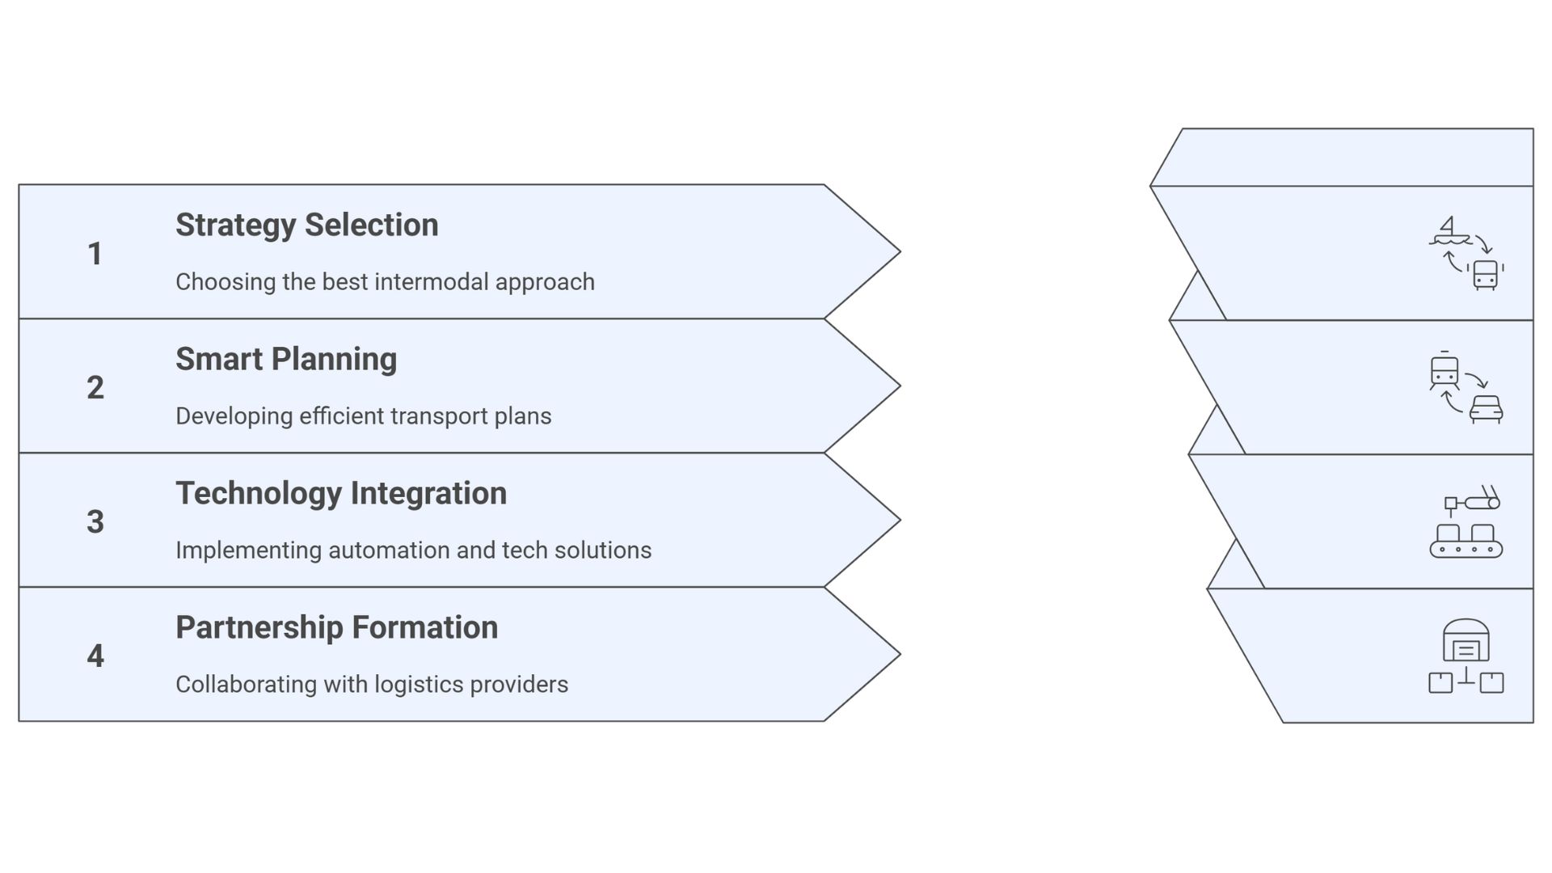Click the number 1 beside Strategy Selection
coord(95,254)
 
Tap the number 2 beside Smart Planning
coord(95,388)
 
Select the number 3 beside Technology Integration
coord(95,522)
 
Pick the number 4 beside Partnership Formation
coord(95,656)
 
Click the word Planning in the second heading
coord(335,360)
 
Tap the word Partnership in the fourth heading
coord(259,628)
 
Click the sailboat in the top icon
coord(1450,231)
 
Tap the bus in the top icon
coord(1486,274)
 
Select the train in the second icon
coord(1444,373)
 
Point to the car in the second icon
coord(1486,409)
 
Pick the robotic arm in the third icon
coord(1475,500)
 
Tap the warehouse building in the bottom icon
coord(1466,641)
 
